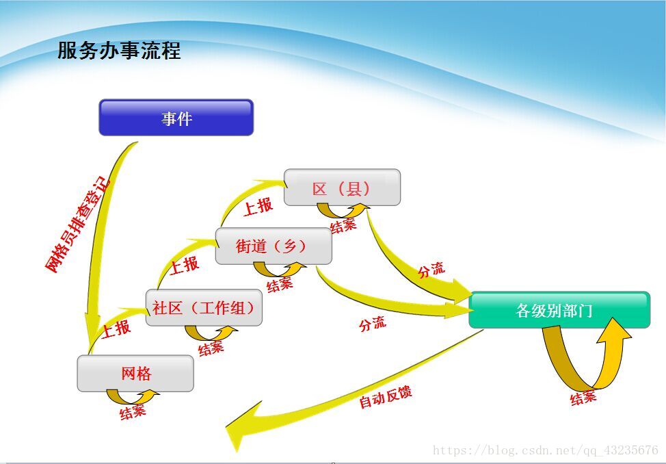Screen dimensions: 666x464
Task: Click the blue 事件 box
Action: (x=176, y=118)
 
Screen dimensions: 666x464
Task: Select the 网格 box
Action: (x=135, y=374)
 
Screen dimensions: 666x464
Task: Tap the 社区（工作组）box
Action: (x=204, y=307)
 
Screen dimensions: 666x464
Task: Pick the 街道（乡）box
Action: (x=274, y=246)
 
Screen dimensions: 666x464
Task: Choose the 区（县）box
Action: (x=342, y=187)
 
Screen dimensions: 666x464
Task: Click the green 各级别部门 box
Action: (x=559, y=309)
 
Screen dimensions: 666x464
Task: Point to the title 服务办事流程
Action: (x=119, y=50)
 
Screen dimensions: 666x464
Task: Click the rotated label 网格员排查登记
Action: (x=77, y=224)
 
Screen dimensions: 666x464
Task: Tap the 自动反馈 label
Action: (x=385, y=397)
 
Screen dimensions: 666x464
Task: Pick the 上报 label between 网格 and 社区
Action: (x=116, y=328)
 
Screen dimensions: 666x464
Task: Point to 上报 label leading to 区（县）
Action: (x=258, y=207)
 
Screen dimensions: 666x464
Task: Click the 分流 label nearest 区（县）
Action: (x=431, y=270)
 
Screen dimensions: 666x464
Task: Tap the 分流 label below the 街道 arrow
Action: (x=373, y=324)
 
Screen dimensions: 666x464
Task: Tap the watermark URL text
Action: (x=546, y=450)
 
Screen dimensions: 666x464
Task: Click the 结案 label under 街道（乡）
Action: (x=280, y=285)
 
